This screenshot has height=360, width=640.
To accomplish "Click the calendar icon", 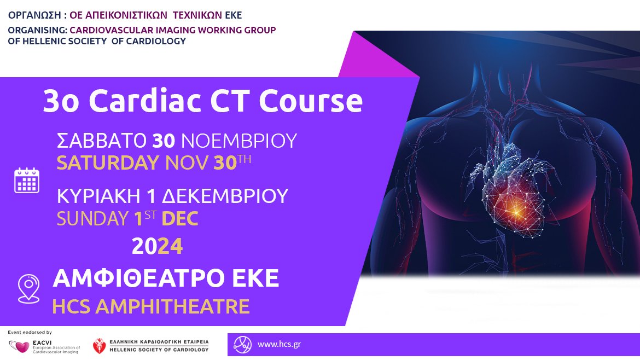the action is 27,180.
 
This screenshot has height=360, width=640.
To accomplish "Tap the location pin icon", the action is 29,288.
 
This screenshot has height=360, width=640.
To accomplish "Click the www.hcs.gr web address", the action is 279,344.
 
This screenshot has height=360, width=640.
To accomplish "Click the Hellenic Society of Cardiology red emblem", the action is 99,346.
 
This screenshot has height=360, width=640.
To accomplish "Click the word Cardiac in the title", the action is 144,101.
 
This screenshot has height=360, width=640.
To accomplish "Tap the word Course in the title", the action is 311,101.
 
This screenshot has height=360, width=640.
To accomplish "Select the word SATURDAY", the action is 108,162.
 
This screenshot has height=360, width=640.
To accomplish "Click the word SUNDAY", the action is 92,218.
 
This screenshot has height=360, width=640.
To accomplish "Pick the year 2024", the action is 157,246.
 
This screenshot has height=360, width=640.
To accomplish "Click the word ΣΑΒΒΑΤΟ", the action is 102,141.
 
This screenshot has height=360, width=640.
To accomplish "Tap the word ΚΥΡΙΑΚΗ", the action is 99,196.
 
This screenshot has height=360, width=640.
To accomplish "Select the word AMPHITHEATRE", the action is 173,306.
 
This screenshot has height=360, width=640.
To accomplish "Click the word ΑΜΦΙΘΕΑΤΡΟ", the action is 138,278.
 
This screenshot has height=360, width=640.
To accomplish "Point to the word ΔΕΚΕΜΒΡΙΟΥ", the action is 225,196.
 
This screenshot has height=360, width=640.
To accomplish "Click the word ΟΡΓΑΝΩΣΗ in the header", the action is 34,15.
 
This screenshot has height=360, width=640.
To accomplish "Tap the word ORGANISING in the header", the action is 38,30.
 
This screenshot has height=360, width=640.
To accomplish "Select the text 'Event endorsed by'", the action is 30,332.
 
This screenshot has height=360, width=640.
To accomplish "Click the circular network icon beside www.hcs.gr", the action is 242,345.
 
